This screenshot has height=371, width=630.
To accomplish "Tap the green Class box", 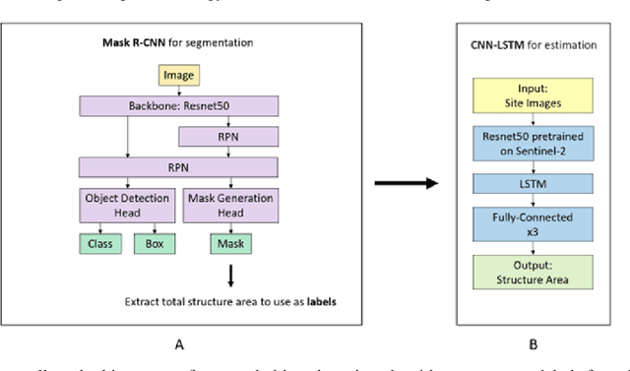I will [99, 242].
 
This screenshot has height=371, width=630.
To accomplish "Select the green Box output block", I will [154, 242].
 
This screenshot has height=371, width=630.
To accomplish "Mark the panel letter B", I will [532, 344].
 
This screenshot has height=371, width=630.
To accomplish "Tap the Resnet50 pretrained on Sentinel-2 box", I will [532, 144].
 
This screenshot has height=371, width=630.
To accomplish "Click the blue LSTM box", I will [532, 185].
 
